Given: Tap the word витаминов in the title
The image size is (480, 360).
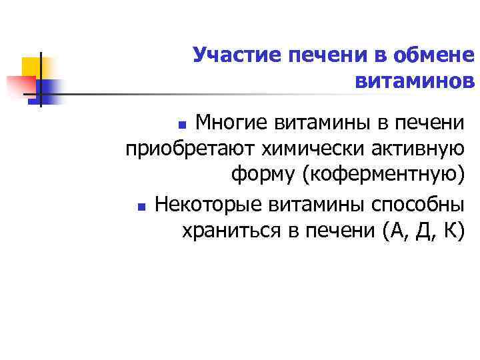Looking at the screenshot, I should tap(415, 81).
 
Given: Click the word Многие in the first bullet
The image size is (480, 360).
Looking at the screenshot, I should tap(234, 122).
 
